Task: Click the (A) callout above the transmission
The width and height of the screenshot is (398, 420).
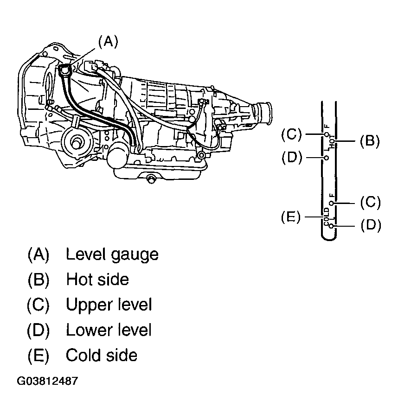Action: (108, 42)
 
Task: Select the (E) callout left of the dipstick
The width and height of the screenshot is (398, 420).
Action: (291, 216)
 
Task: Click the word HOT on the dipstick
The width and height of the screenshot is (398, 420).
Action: (332, 141)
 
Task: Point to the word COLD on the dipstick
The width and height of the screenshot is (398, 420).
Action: (326, 216)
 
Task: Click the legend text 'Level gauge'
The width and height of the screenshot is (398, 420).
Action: (112, 255)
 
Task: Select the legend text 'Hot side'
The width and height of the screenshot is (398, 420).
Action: (97, 280)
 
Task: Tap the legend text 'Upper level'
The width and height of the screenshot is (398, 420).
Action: (109, 305)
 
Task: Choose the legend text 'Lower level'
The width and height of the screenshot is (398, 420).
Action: (109, 330)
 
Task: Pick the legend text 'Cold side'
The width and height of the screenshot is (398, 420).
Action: (102, 355)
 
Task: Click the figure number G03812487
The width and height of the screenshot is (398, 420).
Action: (47, 381)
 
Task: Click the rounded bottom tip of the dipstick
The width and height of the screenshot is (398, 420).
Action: (328, 238)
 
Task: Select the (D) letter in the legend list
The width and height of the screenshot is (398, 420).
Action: (39, 330)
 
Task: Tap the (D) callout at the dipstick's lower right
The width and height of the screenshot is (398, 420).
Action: (371, 225)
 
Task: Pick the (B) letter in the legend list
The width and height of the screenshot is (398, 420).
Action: (39, 280)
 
